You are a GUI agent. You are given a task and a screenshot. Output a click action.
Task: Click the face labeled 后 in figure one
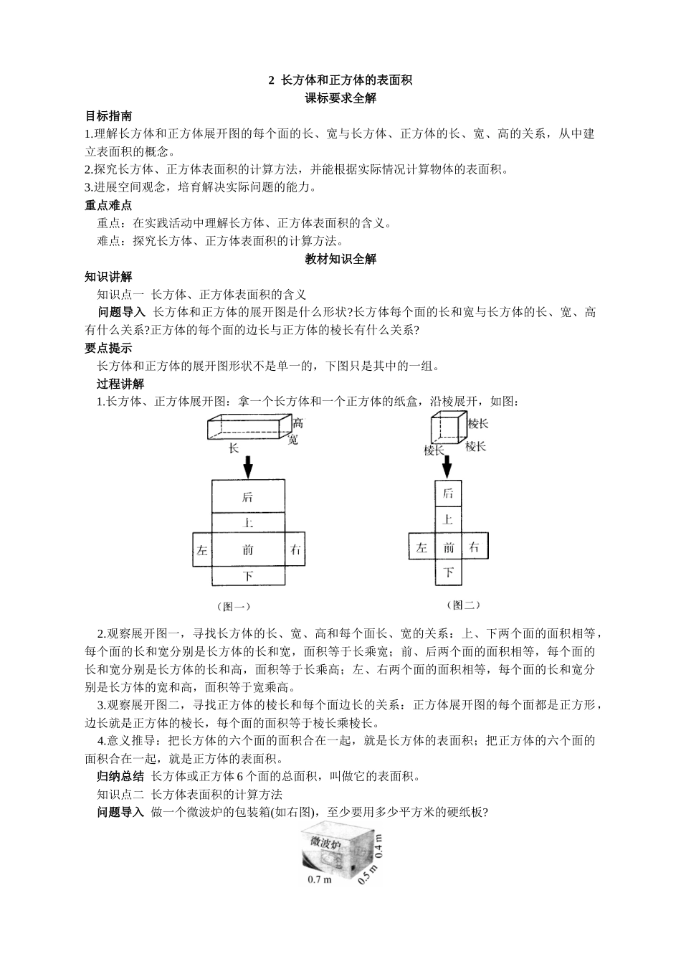(x=248, y=496)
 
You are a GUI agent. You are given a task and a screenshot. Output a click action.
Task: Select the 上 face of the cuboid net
(x=248, y=523)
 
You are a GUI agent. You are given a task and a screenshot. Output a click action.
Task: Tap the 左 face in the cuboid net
(x=202, y=550)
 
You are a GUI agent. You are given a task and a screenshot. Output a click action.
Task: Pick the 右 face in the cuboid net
(x=295, y=550)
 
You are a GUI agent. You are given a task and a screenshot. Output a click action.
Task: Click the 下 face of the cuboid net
(x=248, y=576)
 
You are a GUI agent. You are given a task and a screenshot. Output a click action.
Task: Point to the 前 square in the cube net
(x=449, y=547)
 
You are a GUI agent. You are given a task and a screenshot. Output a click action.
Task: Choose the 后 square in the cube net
(x=449, y=493)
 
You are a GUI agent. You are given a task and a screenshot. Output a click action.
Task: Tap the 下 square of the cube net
(x=449, y=572)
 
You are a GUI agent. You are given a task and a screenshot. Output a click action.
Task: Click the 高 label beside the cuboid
(x=297, y=423)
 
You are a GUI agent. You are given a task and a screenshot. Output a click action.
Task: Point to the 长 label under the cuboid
(x=233, y=448)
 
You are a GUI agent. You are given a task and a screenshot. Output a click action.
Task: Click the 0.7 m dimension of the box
(x=319, y=879)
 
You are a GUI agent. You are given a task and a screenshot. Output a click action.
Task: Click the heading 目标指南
(x=108, y=116)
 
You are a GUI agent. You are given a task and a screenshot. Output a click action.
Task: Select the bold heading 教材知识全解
(x=340, y=259)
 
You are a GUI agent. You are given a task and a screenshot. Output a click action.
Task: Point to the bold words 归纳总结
(x=120, y=776)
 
